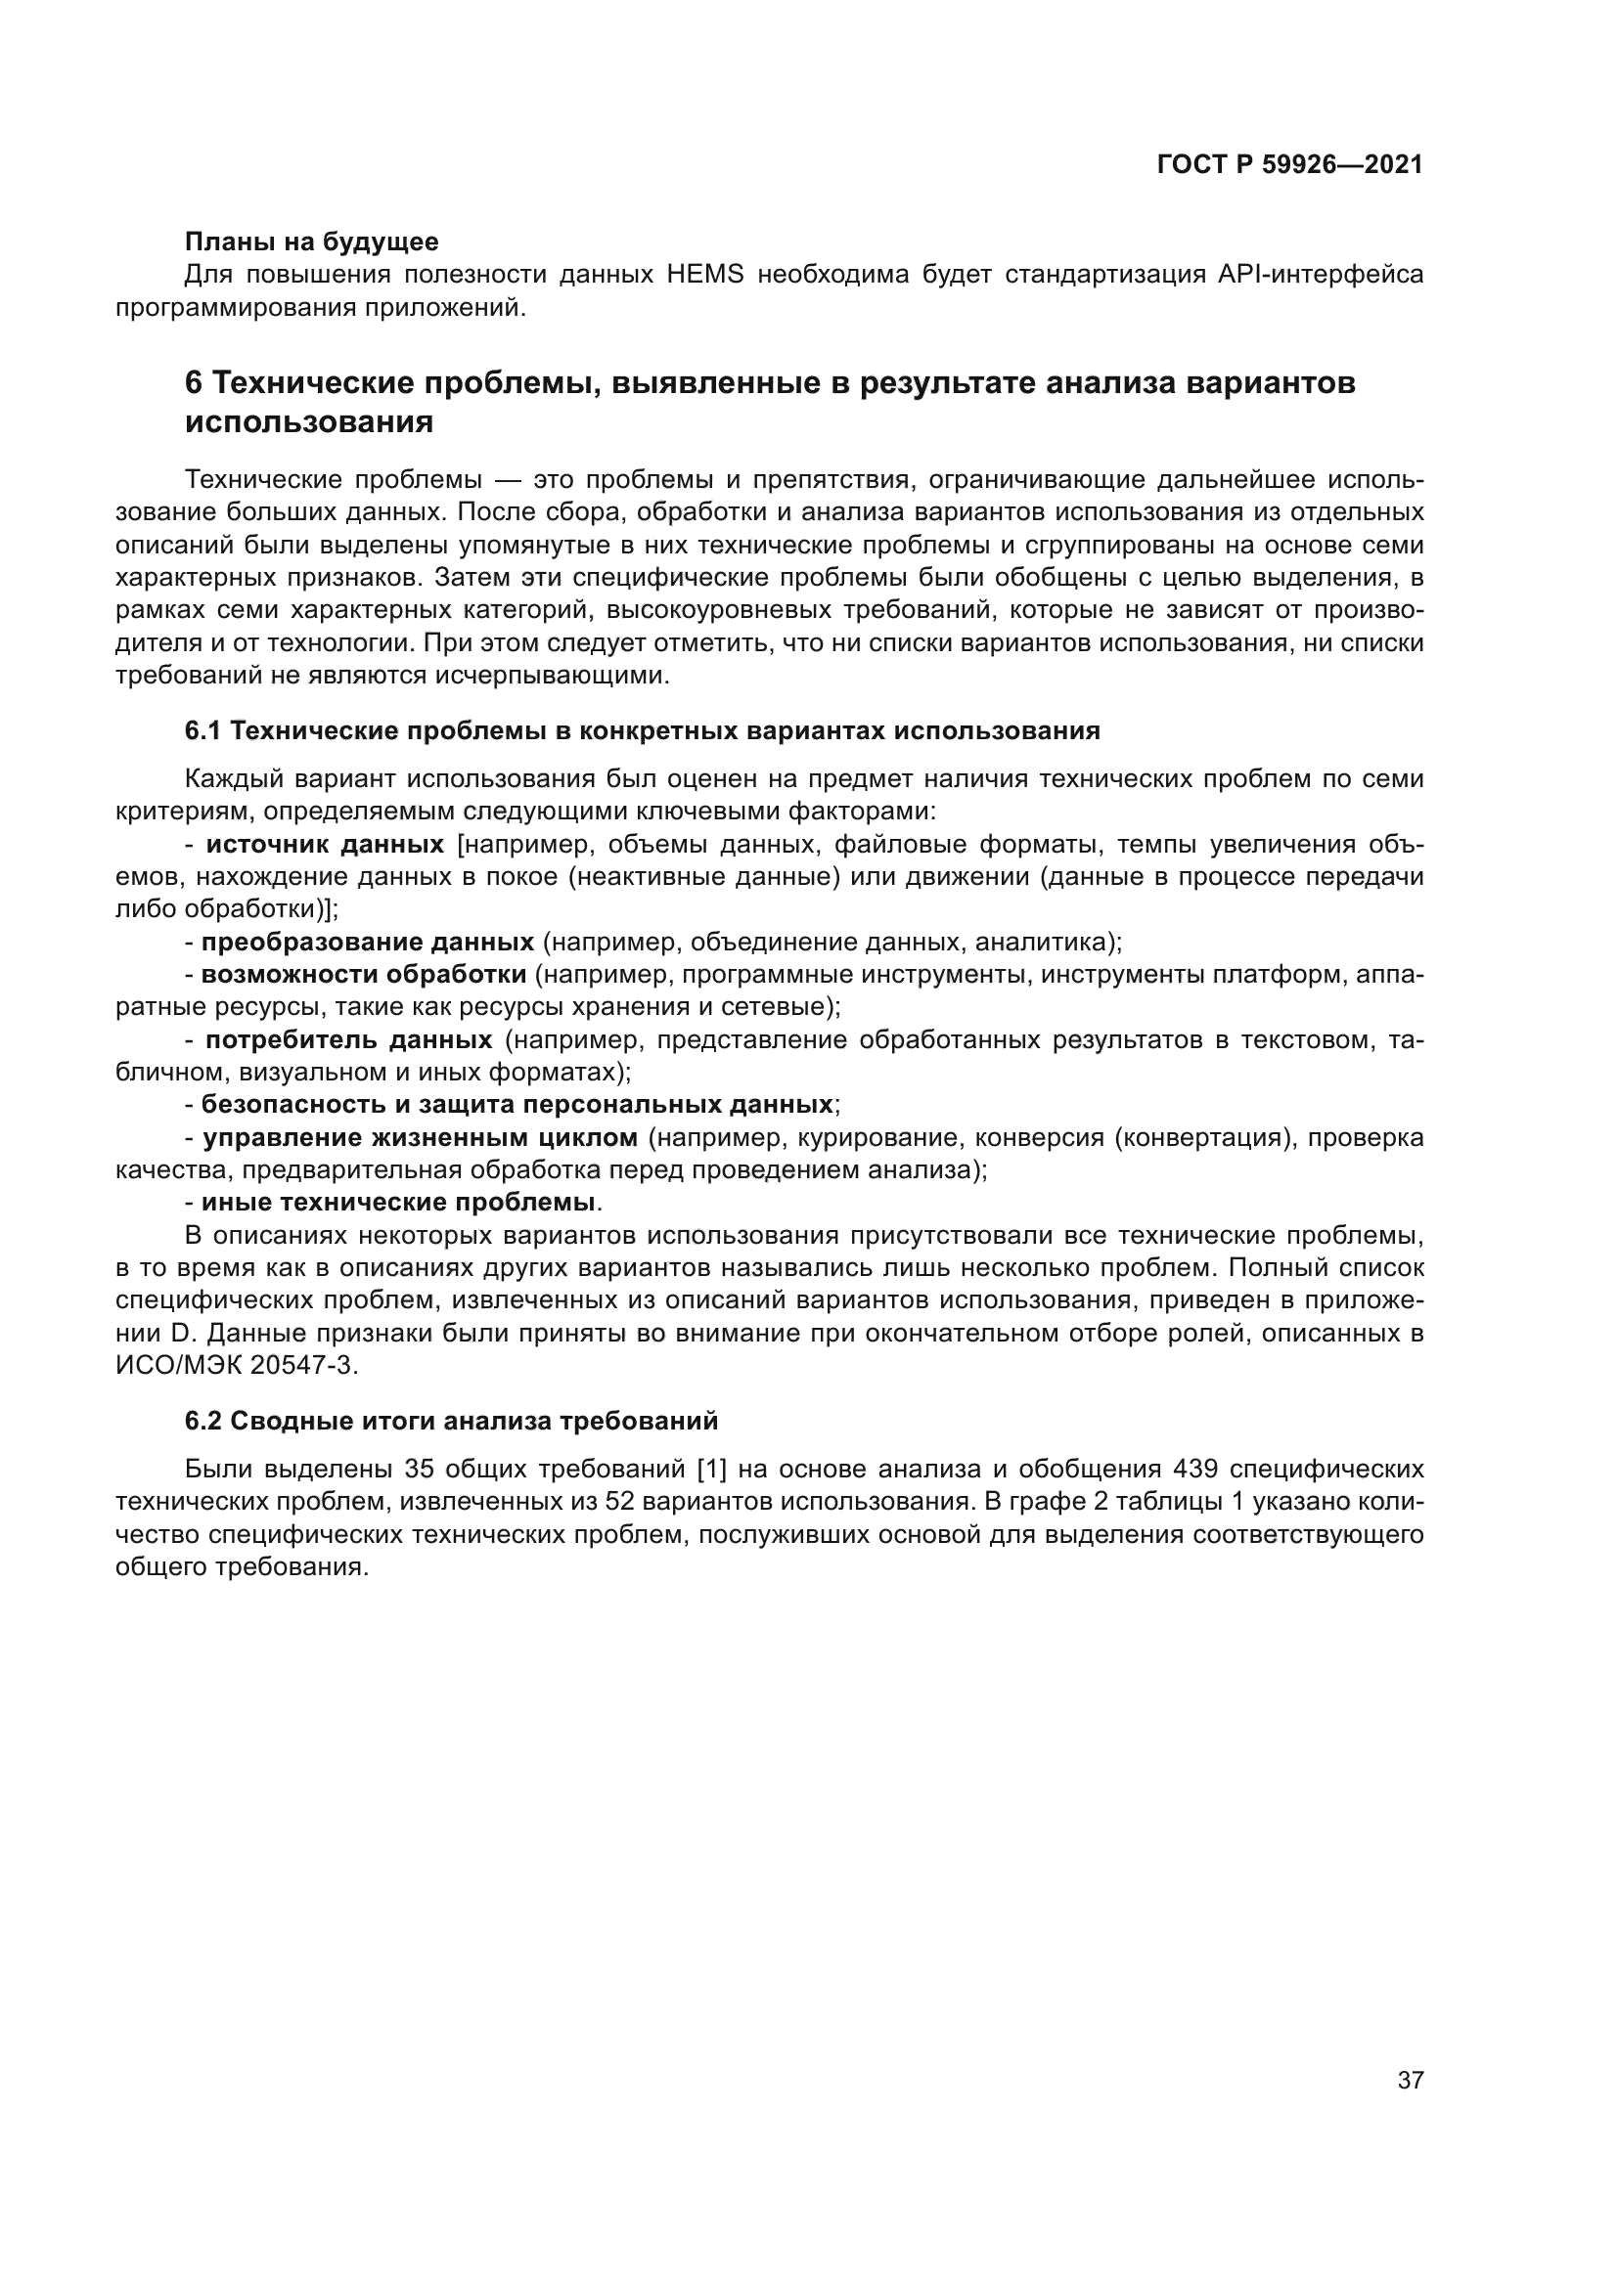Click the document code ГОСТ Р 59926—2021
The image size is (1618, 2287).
[1289, 165]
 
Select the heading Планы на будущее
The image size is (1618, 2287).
[312, 242]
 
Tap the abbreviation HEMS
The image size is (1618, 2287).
[705, 275]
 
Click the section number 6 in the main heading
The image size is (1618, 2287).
[195, 383]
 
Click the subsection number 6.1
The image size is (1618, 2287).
[202, 731]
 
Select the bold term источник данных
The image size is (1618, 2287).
[325, 845]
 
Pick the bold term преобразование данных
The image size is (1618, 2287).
[368, 943]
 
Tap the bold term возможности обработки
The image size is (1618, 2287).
[364, 974]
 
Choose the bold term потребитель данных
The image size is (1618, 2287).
[348, 1040]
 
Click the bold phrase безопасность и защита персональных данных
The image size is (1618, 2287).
[517, 1105]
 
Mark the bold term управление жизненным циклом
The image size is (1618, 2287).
[420, 1137]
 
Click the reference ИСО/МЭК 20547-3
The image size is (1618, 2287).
[235, 1366]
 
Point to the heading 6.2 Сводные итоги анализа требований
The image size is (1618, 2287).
[451, 1422]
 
